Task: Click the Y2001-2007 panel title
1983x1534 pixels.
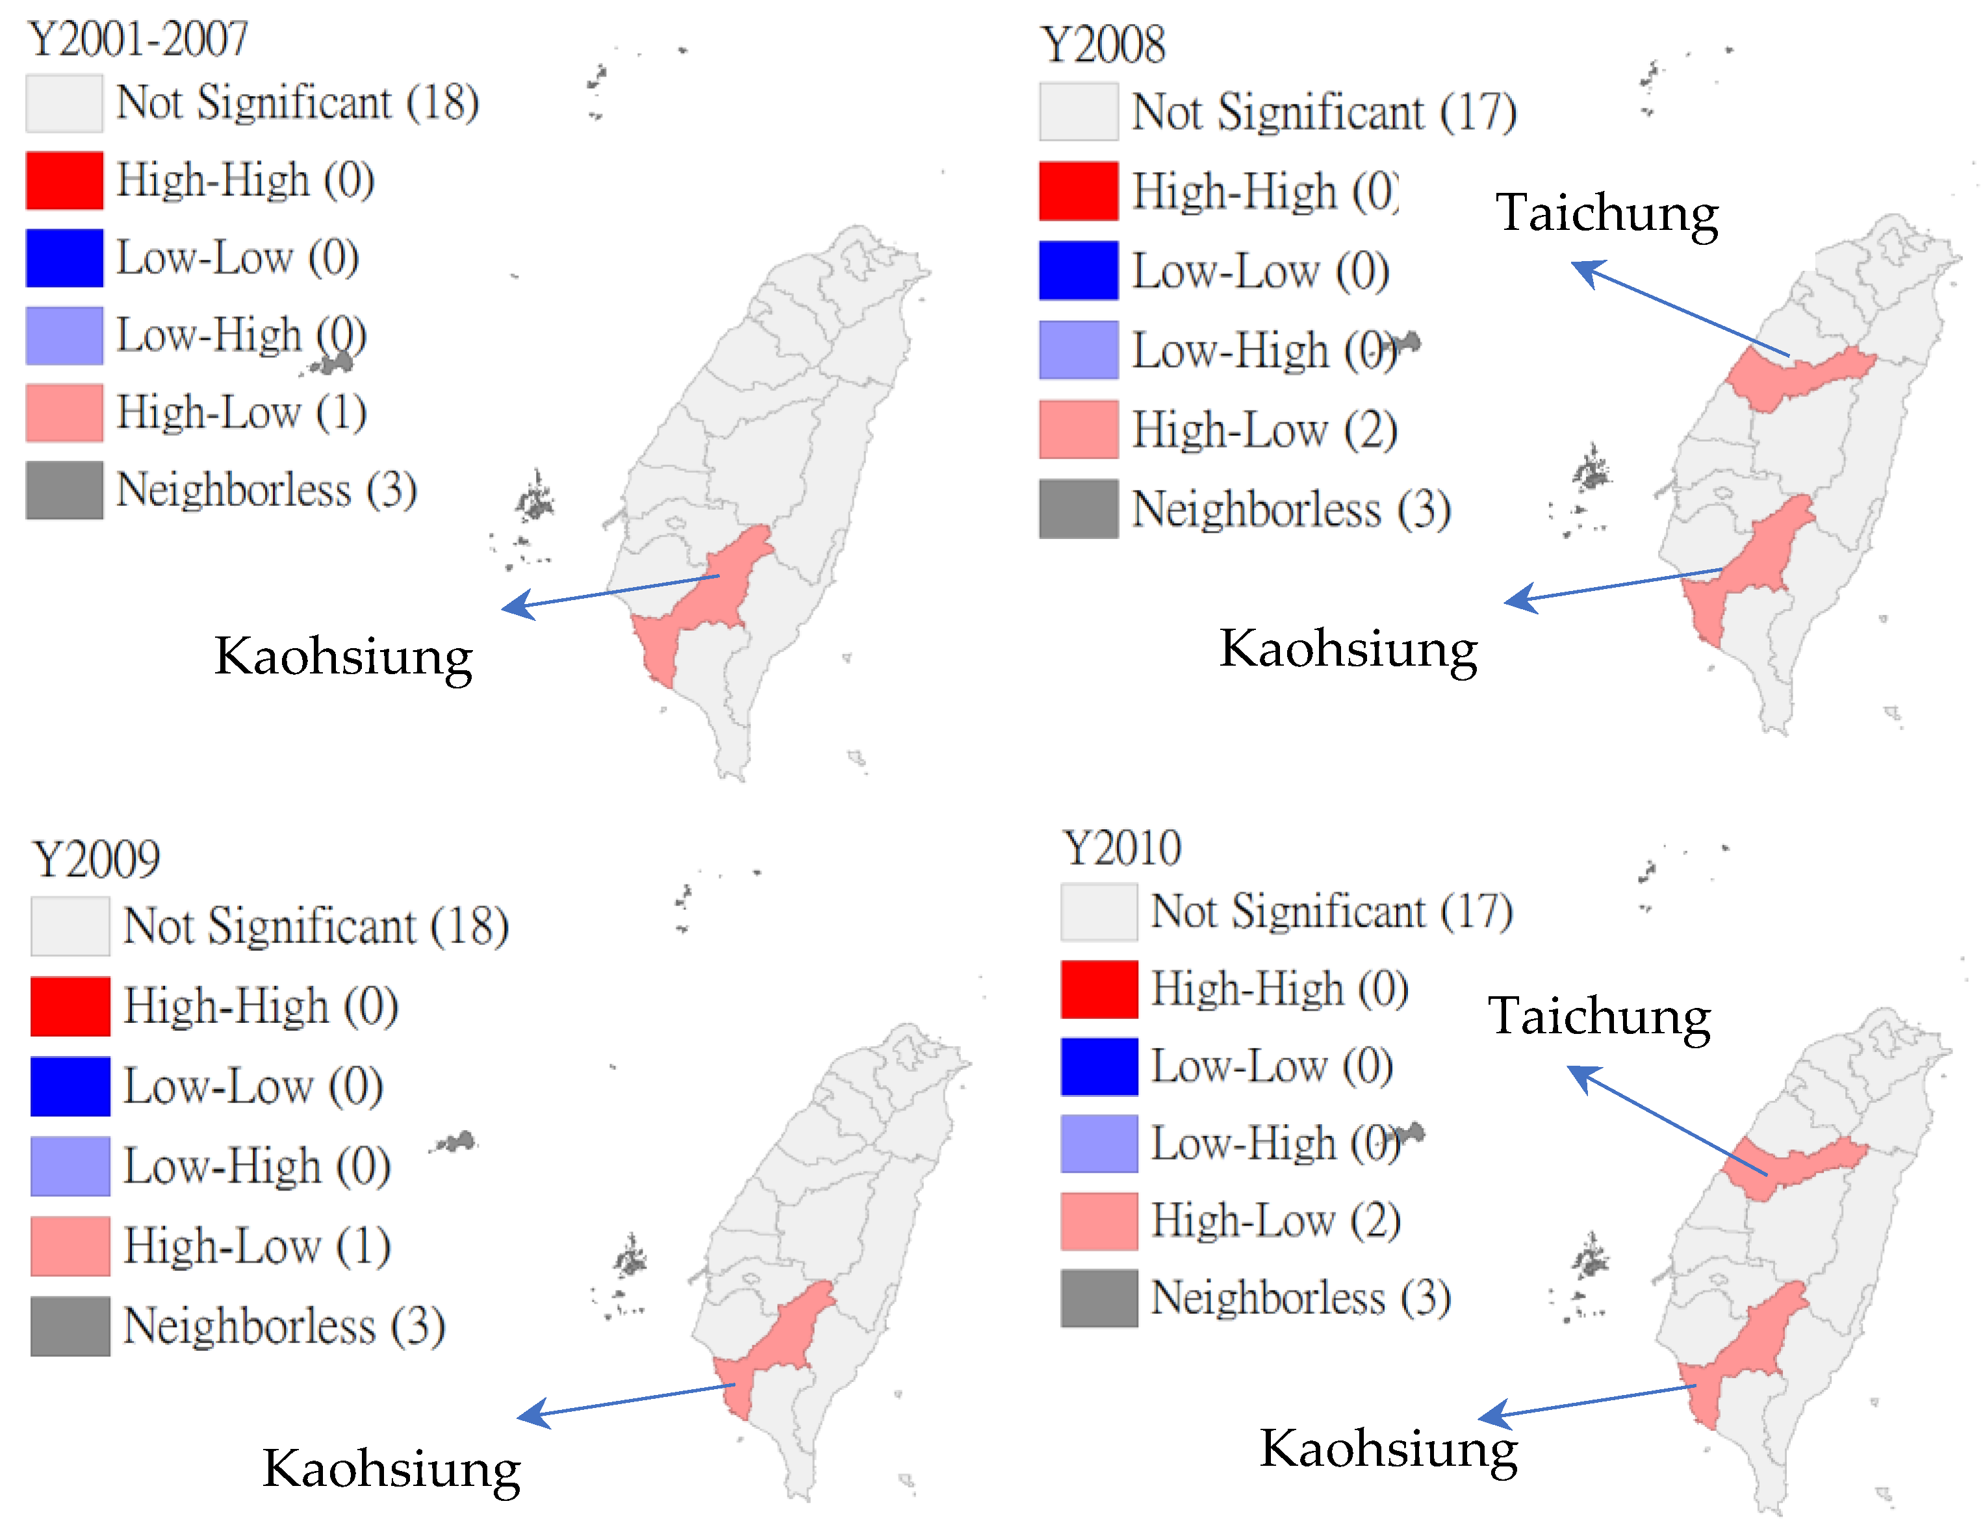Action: tap(138, 39)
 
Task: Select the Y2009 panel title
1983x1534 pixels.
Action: tap(96, 859)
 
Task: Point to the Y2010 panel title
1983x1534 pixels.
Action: tap(1122, 849)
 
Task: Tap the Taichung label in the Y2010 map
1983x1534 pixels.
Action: tap(1599, 1016)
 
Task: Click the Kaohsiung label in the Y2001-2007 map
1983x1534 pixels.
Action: tap(343, 656)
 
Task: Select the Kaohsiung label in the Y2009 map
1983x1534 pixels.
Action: tap(391, 1468)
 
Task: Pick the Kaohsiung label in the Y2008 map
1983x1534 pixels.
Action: tap(1348, 649)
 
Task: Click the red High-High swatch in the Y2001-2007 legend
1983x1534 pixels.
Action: tap(64, 180)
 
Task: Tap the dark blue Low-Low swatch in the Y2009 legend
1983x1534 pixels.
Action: tap(70, 1086)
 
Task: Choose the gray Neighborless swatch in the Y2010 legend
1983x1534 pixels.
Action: tap(1099, 1298)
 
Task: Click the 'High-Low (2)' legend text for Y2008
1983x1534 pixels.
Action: tap(1264, 429)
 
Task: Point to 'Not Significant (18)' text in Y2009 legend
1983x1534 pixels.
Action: tap(315, 927)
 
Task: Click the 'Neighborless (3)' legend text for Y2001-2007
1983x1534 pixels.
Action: tap(267, 490)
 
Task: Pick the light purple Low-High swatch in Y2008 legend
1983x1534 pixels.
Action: tap(1079, 349)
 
